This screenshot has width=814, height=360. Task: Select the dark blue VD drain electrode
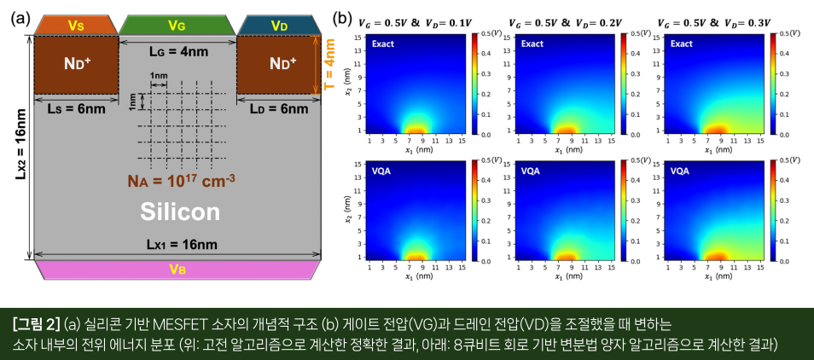(x=279, y=26)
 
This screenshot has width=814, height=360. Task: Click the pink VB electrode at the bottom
(x=177, y=270)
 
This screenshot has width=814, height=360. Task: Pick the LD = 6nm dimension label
(x=279, y=108)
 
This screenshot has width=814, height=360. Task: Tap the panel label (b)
(x=342, y=18)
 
